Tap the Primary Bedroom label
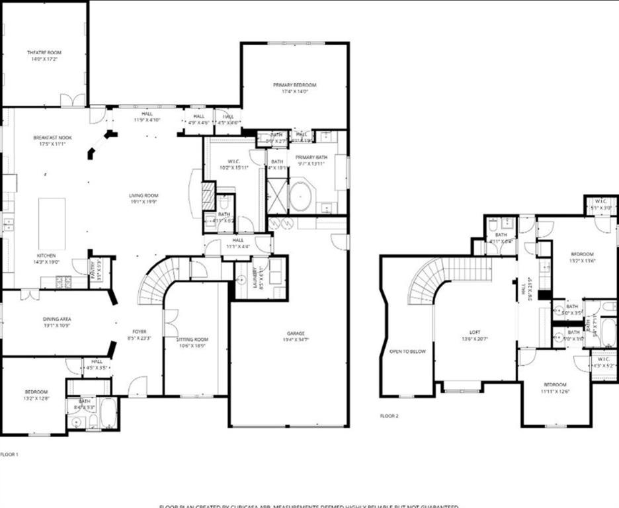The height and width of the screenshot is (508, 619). click(295, 85)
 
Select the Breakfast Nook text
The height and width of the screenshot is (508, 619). click(52, 138)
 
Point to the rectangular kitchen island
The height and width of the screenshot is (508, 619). click(52, 224)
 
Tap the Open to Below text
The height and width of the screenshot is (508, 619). click(407, 351)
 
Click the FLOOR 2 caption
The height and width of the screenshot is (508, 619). click(390, 416)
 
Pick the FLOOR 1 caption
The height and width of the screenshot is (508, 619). click(9, 454)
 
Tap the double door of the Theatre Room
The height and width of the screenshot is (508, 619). click(73, 101)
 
